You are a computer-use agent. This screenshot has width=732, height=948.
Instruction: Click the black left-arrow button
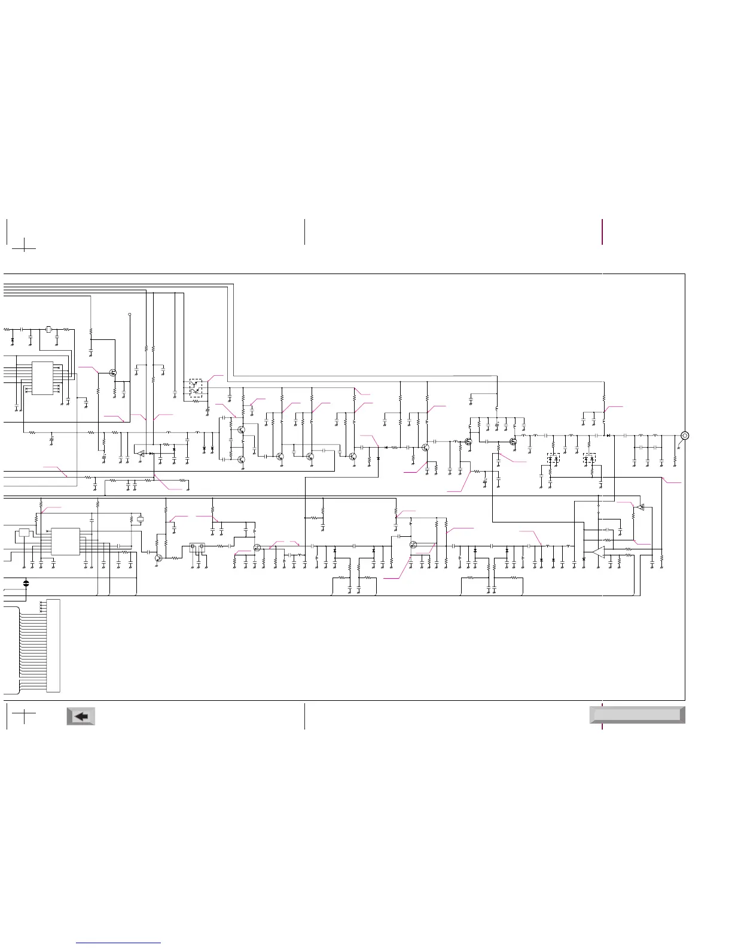[x=81, y=716]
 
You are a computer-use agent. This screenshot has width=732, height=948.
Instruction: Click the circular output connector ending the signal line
[x=685, y=435]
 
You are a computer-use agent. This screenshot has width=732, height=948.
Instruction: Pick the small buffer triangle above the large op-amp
[x=639, y=508]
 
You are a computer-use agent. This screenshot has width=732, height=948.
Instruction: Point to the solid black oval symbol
[x=26, y=582]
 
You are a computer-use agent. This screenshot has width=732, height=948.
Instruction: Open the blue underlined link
[x=118, y=943]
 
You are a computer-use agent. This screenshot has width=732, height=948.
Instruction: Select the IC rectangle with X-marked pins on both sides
[x=42, y=378]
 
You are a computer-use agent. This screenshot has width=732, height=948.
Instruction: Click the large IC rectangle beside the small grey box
[x=65, y=541]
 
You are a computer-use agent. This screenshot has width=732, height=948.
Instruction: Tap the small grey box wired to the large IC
[x=24, y=533]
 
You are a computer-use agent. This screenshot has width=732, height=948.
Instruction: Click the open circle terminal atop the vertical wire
[x=130, y=314]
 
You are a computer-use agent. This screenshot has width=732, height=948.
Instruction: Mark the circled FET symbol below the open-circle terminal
[x=113, y=373]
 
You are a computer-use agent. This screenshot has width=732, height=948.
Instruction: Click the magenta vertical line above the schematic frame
[x=602, y=232]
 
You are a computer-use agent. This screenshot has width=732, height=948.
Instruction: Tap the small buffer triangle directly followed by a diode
[x=141, y=454]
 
